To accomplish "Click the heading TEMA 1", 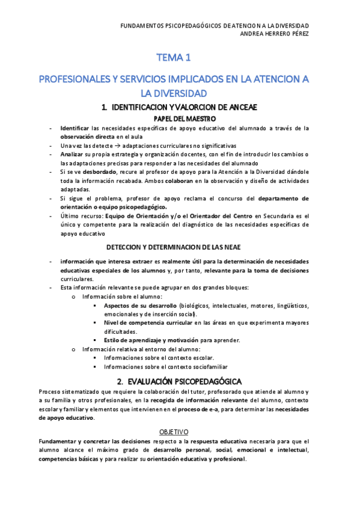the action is tap(174, 58).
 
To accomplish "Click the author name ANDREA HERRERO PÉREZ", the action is tap(274, 34).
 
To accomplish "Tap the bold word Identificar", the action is tap(75, 128).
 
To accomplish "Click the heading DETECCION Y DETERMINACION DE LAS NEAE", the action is tap(180, 247).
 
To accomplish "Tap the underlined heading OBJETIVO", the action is tap(174, 432).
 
